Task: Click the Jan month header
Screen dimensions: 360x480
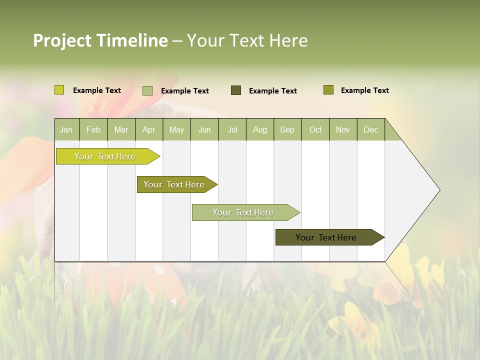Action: pos(66,129)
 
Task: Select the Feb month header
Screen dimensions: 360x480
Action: pos(93,129)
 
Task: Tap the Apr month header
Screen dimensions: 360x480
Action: pos(148,129)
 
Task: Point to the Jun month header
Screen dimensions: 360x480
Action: pos(204,129)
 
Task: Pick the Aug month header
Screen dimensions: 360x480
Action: pos(259,129)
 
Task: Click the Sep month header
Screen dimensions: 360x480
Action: pos(287,129)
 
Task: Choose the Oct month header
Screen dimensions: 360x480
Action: pos(315,129)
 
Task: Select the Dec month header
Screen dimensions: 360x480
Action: pos(370,129)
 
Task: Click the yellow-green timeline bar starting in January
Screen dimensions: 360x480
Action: pos(105,156)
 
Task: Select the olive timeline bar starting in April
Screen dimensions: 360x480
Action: pos(174,184)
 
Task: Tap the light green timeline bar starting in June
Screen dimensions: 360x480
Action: pos(243,212)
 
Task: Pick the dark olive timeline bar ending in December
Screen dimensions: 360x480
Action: pos(326,237)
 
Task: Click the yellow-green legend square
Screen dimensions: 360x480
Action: pos(59,90)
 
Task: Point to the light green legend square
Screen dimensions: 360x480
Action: pos(147,90)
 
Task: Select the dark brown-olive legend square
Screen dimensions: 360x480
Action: pos(236,90)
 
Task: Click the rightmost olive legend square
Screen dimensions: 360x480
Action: pos(328,90)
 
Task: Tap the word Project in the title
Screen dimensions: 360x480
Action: pos(62,40)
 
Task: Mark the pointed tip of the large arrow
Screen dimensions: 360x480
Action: pos(439,190)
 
